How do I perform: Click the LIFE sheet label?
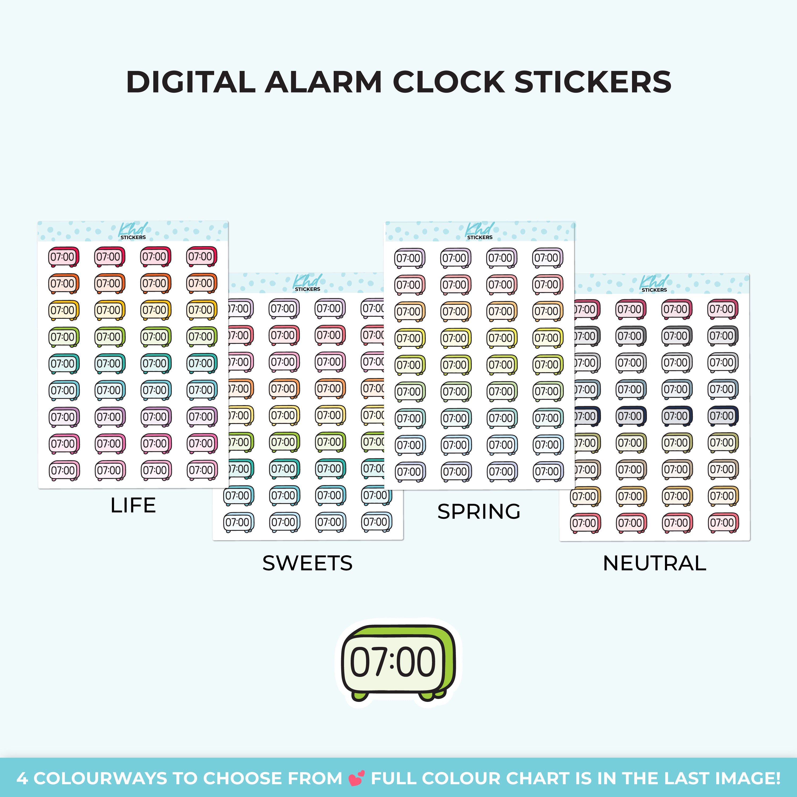click(x=133, y=505)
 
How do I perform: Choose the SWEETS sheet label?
click(x=308, y=563)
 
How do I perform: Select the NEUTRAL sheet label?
click(x=655, y=563)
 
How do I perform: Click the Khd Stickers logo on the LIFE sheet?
click(x=133, y=231)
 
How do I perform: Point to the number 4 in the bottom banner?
click(x=22, y=778)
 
